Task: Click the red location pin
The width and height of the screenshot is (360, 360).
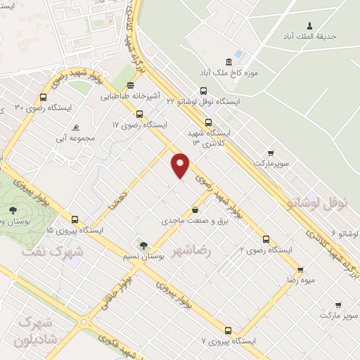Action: [181, 165]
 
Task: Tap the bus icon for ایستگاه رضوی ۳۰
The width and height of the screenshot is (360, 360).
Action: [44, 98]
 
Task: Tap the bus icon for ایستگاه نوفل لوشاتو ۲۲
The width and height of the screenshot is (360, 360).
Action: [203, 91]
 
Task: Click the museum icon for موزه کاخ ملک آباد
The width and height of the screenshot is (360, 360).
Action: [228, 62]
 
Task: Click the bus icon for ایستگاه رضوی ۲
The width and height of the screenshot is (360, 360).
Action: [266, 239]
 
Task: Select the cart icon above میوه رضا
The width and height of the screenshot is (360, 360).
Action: [300, 269]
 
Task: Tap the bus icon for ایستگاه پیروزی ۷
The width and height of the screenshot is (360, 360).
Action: [228, 330]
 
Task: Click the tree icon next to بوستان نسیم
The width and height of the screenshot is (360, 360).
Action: [143, 245]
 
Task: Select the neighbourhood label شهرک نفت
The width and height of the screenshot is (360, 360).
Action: [53, 250]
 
